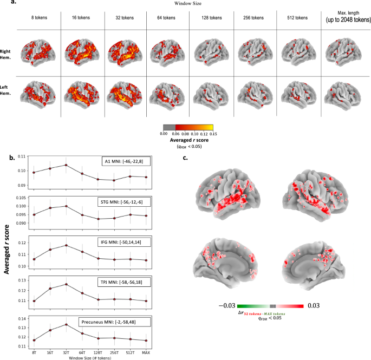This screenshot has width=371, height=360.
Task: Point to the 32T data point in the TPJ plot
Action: (66, 284)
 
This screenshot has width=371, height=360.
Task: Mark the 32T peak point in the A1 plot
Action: (66, 165)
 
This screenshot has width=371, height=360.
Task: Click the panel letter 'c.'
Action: (188, 158)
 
